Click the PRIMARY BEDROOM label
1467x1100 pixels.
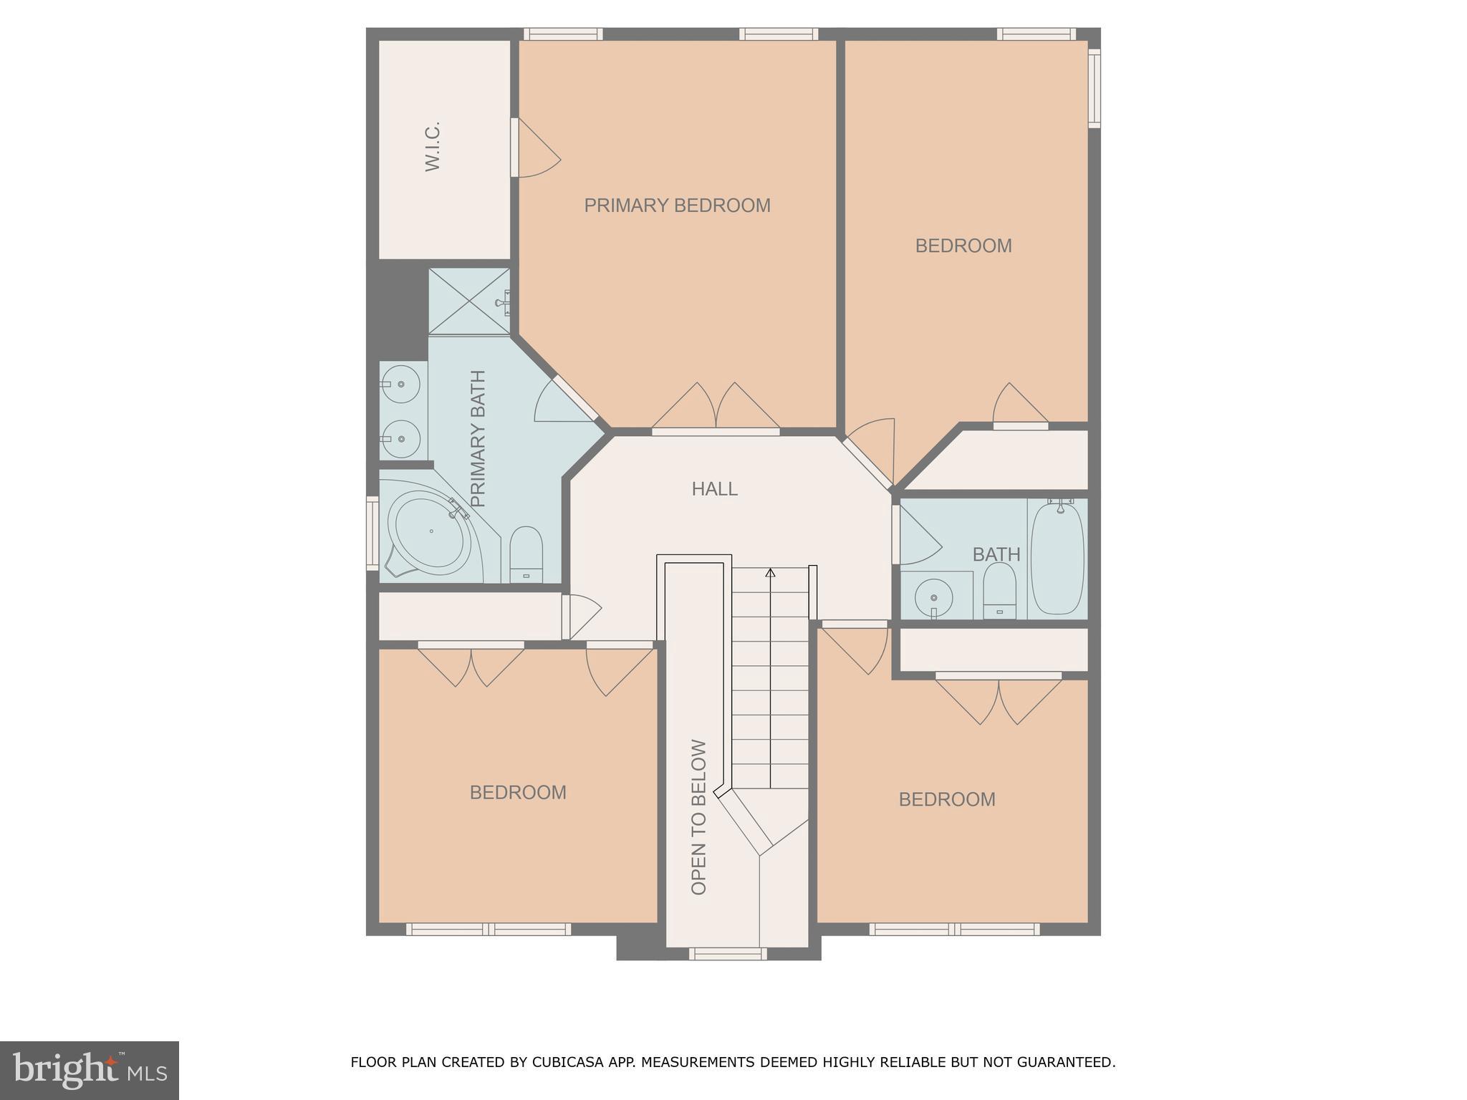[x=677, y=206]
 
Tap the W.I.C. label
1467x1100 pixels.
[x=432, y=146]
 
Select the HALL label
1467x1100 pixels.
[x=714, y=489]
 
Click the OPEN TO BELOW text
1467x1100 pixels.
[x=699, y=817]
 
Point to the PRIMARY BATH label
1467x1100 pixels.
[x=478, y=438]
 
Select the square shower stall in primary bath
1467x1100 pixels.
[x=469, y=301]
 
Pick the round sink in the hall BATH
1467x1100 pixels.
[x=933, y=596]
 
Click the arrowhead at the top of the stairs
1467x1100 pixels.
[x=770, y=573]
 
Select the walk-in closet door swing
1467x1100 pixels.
[x=536, y=149]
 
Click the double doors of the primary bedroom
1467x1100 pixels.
[x=716, y=408]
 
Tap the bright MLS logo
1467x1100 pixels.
[x=89, y=1070]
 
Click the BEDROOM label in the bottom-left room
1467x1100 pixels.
[x=518, y=793]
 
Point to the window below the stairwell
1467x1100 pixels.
[x=728, y=954]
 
